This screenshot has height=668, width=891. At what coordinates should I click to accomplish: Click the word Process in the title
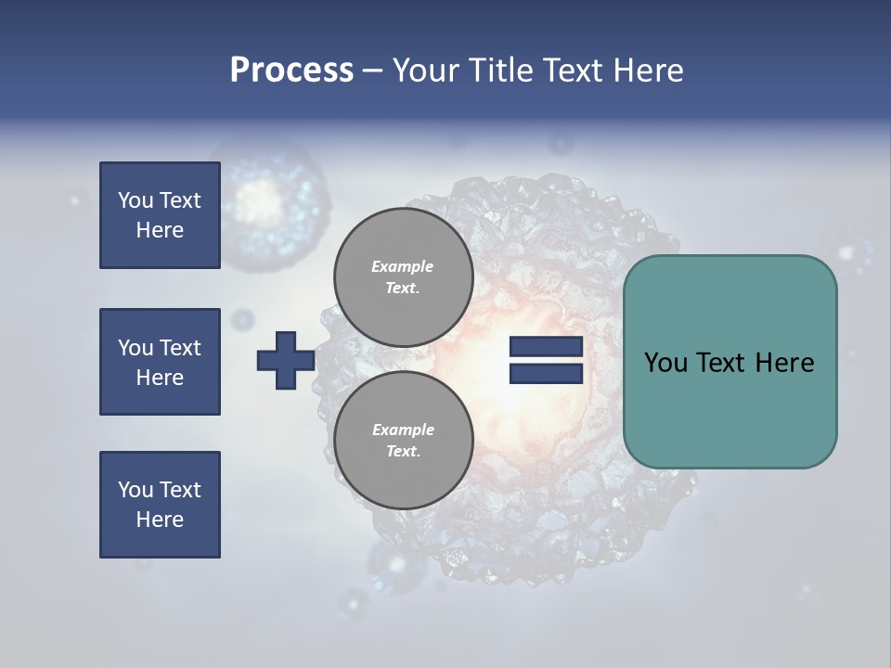(291, 70)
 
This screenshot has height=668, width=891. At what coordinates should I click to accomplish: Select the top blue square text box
(160, 215)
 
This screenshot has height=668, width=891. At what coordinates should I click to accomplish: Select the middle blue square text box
(160, 362)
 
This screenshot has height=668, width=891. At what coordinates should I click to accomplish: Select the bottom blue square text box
(160, 505)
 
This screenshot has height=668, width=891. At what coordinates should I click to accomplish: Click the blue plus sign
(286, 360)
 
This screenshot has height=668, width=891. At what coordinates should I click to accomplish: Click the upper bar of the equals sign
(546, 347)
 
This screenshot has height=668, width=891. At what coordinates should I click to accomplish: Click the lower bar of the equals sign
(546, 373)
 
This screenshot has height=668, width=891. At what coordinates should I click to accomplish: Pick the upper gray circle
(404, 277)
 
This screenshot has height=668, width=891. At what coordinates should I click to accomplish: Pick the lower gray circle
(404, 440)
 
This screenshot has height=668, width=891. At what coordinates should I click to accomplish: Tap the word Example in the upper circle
(403, 266)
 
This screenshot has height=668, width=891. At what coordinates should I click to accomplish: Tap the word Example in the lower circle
(403, 430)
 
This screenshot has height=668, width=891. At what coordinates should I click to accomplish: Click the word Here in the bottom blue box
(160, 520)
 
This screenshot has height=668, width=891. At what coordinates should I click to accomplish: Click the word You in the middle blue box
(135, 348)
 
